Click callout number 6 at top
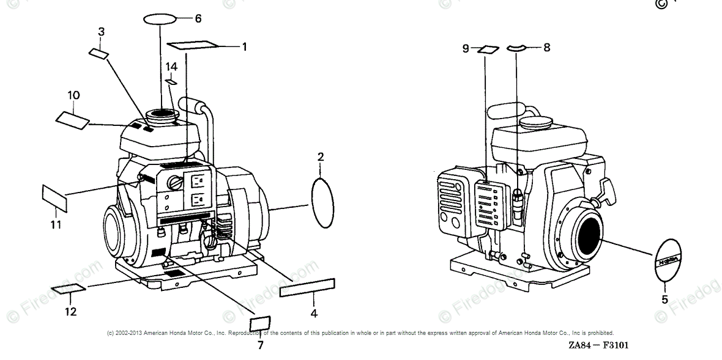[198, 18]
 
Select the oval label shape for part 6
[160, 20]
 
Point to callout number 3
[101, 31]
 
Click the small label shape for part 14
[172, 81]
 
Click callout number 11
[56, 225]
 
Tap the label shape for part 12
[69, 288]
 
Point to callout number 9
[466, 48]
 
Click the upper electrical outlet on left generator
[198, 180]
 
